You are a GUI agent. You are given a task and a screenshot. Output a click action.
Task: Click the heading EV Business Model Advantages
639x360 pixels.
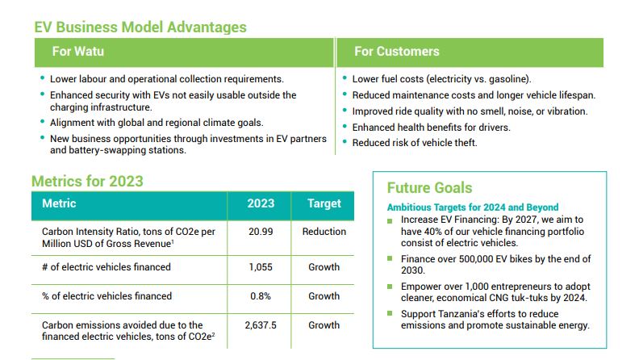(x=140, y=27)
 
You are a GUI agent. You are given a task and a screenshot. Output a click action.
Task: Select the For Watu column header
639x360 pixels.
(x=78, y=52)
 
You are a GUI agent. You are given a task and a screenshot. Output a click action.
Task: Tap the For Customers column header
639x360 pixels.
(x=395, y=52)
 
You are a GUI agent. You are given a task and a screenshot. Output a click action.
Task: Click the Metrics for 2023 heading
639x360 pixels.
(x=87, y=181)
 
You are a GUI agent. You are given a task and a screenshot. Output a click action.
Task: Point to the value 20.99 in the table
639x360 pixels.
(x=261, y=232)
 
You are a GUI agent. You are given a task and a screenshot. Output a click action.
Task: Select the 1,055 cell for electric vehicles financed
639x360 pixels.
(x=261, y=267)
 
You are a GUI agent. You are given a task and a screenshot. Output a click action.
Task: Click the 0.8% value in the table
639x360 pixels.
(x=261, y=296)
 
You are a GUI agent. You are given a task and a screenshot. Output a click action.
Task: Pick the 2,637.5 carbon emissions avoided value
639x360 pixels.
(x=261, y=325)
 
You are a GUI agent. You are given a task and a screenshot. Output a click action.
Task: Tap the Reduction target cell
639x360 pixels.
(x=324, y=232)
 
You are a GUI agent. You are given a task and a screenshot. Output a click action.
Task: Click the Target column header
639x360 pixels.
(x=324, y=204)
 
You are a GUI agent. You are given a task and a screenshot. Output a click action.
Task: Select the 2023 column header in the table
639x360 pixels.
(x=261, y=204)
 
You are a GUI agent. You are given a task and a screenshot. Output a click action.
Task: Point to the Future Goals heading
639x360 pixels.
(x=429, y=188)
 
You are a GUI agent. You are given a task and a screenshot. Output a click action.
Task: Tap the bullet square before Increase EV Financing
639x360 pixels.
(x=391, y=220)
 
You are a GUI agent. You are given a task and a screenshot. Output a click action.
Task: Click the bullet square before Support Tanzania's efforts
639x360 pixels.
(x=391, y=314)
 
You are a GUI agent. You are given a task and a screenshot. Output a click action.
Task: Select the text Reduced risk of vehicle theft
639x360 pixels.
(x=415, y=143)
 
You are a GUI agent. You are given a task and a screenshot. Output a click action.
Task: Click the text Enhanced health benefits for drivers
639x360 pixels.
(x=431, y=128)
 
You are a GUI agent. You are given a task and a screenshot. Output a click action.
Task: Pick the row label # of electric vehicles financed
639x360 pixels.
(x=106, y=267)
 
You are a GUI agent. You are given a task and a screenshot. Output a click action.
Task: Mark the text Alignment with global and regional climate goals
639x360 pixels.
(x=157, y=123)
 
